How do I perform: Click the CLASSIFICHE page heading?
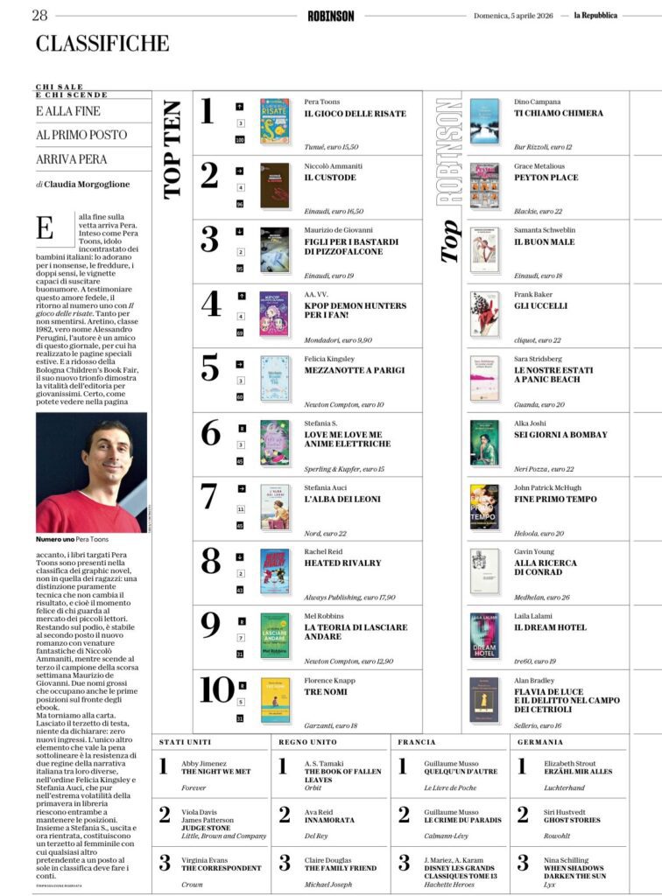point(102,43)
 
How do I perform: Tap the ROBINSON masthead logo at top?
point(331,15)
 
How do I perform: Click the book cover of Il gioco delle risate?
point(275,121)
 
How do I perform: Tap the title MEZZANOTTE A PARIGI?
point(355,370)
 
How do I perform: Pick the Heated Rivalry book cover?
point(275,571)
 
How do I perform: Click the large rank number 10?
point(216,689)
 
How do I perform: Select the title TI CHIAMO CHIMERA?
point(559,113)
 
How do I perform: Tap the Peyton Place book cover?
point(484,185)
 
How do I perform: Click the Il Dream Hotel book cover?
point(484,635)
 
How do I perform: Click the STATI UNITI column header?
point(185,742)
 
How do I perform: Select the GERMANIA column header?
point(540,742)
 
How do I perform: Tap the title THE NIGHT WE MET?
point(215,772)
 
